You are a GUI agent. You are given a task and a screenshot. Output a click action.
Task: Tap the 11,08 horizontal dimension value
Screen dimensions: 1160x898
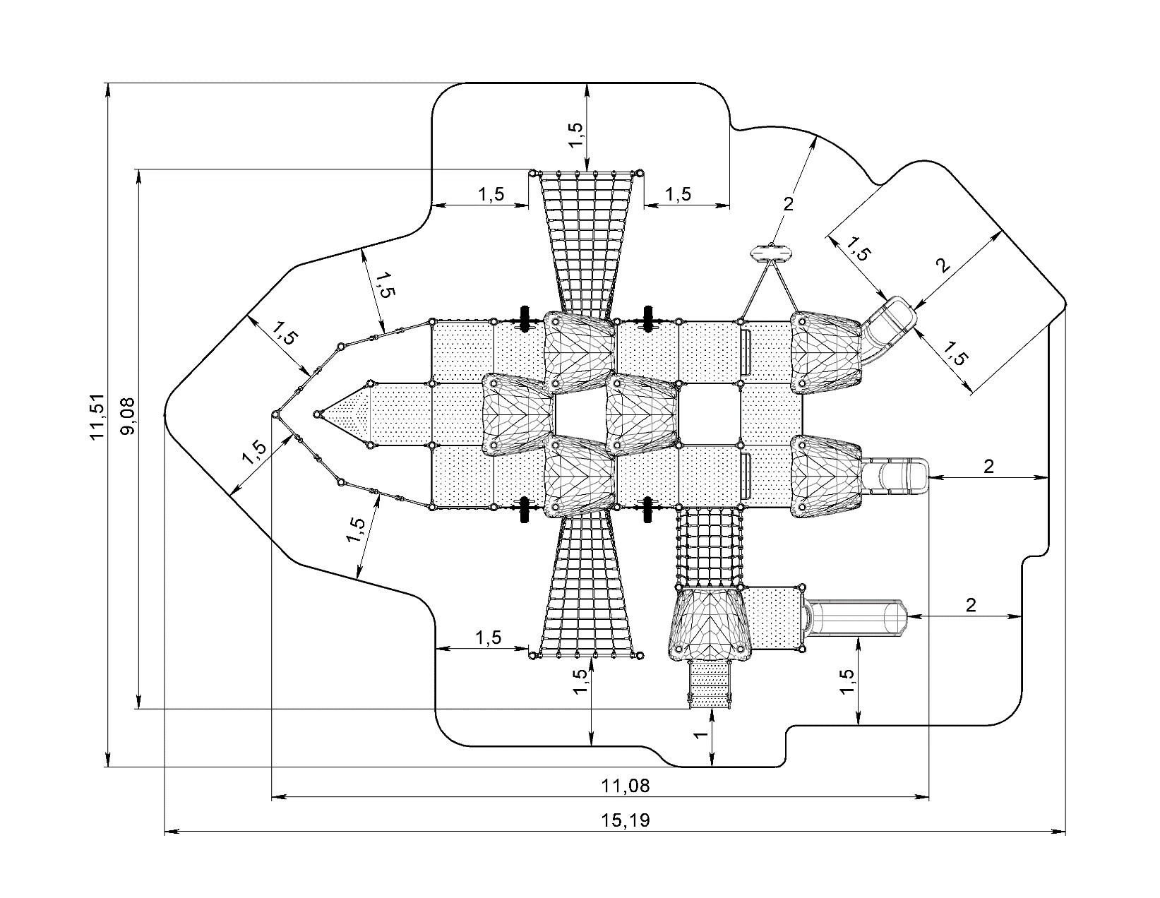(x=626, y=786)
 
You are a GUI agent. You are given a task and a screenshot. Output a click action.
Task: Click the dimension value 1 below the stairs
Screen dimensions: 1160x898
(x=701, y=735)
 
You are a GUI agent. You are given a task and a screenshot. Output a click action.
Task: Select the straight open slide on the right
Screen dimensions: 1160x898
(x=895, y=477)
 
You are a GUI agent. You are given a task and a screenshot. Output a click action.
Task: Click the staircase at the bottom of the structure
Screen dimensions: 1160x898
(x=710, y=685)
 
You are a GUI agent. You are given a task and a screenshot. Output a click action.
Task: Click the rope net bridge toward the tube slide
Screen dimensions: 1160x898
(x=710, y=546)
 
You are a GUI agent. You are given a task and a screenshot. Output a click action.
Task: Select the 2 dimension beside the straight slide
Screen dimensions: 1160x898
(x=988, y=467)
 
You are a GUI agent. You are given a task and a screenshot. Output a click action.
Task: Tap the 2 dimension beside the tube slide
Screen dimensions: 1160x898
(x=971, y=605)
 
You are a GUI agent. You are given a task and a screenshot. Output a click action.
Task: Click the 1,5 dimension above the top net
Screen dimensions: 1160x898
(x=576, y=135)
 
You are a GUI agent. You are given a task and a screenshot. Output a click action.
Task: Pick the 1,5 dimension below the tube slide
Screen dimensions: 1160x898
(x=847, y=681)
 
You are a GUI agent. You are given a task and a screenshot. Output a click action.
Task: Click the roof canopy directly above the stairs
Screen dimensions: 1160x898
(x=710, y=623)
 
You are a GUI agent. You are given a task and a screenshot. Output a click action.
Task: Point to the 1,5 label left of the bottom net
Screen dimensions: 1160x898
(x=489, y=637)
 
